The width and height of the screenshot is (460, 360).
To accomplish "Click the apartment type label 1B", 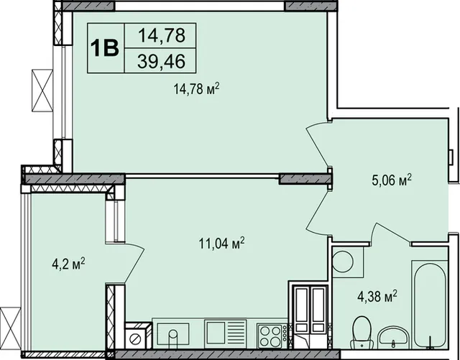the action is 105,48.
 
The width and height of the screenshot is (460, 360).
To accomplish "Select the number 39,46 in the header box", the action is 161,61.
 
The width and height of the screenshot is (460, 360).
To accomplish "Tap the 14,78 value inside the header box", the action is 162,35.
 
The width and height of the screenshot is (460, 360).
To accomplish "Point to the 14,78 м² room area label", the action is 196,88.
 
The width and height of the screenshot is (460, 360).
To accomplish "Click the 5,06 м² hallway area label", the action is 392,180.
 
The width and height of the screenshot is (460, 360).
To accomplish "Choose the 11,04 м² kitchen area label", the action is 221,243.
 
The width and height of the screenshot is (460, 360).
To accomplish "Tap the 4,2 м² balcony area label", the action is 68,264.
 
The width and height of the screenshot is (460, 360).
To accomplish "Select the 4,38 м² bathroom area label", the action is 377,296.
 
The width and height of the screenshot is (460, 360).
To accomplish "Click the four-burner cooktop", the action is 270,336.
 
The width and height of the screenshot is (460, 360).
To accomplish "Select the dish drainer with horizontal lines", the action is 225,332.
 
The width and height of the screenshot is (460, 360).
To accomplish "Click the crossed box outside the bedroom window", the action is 42,91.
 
